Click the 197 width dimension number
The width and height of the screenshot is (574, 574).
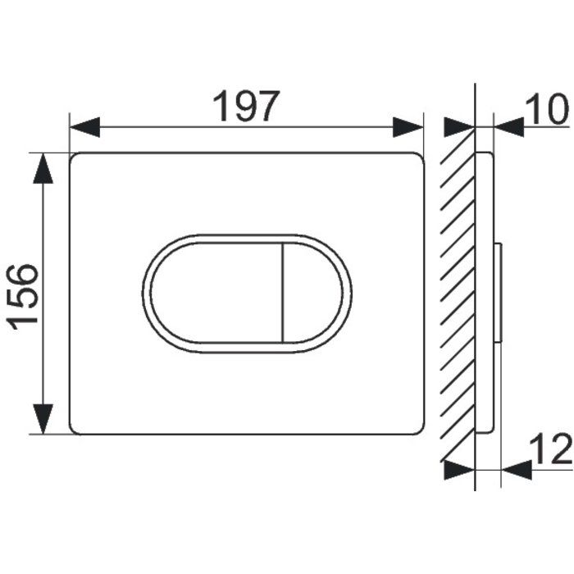(246, 106)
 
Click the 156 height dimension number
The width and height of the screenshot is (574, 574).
(23, 297)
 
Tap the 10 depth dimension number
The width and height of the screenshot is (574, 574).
(547, 109)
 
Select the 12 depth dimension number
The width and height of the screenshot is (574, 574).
(551, 449)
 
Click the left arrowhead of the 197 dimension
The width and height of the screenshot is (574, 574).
(85, 127)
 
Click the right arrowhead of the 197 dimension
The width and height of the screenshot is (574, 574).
(408, 127)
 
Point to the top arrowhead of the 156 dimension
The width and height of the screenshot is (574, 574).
(43, 168)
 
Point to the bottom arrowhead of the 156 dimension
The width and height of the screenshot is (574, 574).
(43, 419)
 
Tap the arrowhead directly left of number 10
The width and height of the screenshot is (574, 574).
(509, 127)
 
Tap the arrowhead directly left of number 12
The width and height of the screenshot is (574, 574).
(517, 470)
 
